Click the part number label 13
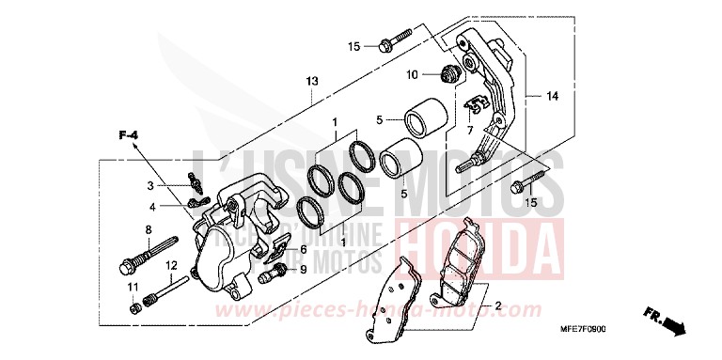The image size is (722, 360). tap(311, 82)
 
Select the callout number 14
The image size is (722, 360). tap(552, 96)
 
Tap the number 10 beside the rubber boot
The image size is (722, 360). tap(412, 74)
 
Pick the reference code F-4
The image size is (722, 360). tap(129, 138)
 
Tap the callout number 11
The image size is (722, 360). tap(132, 287)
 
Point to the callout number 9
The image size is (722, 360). tap(303, 270)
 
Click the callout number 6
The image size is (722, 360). tap(303, 250)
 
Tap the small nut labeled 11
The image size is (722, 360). tap(136, 304)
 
